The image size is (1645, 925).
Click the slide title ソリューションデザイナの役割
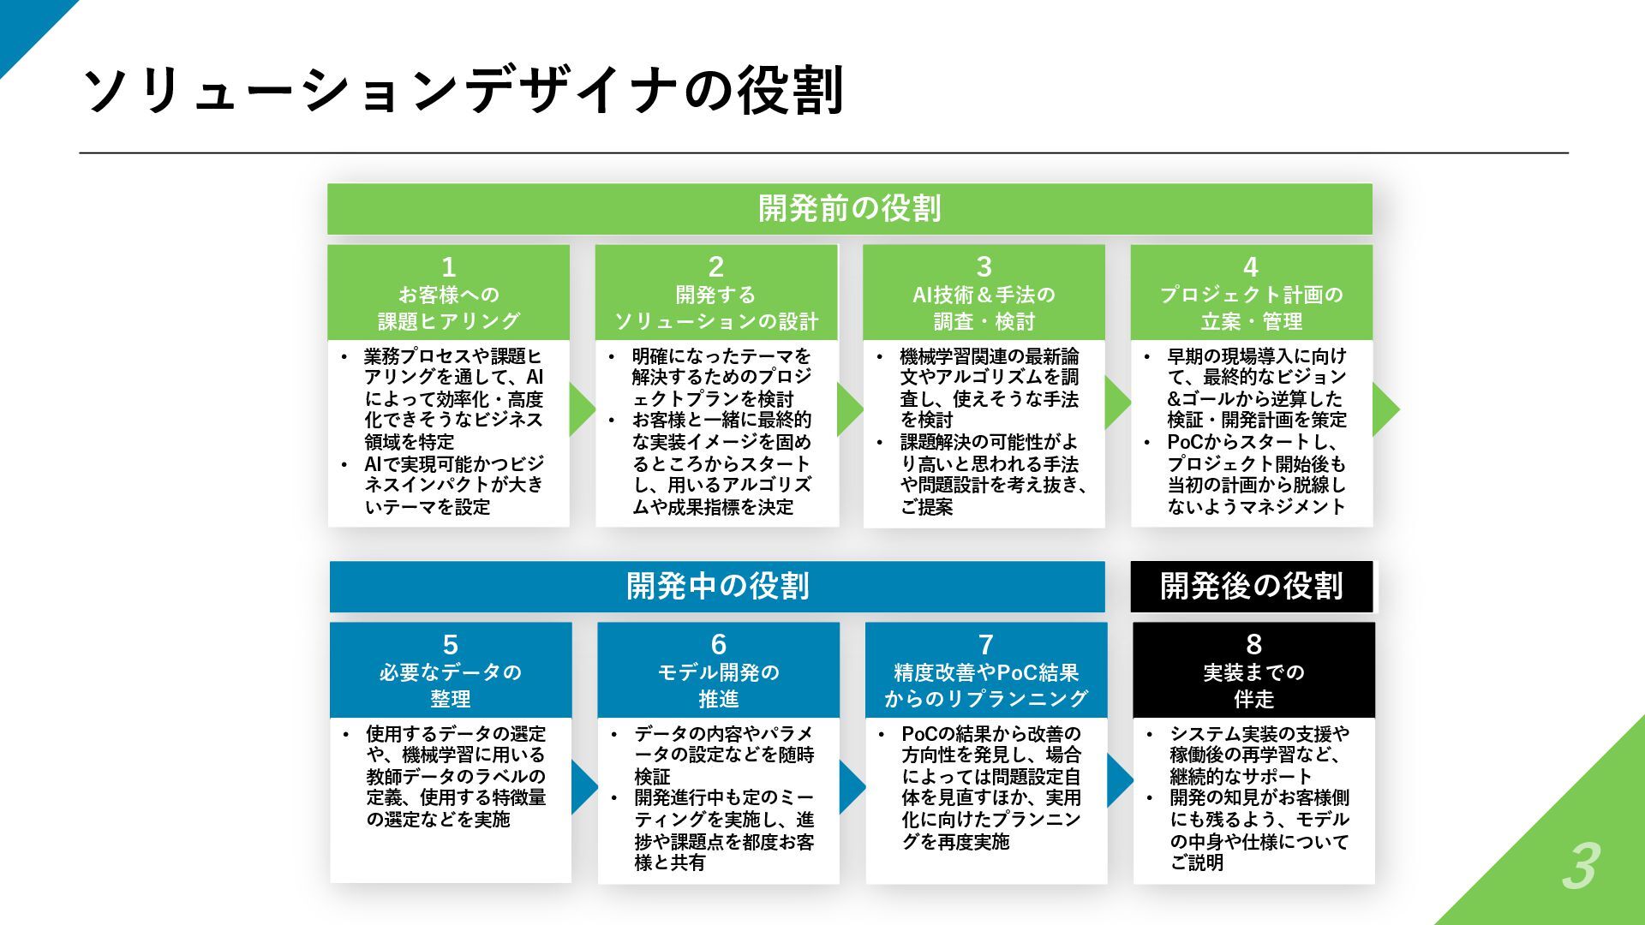tap(463, 90)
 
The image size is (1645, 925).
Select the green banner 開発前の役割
tap(849, 208)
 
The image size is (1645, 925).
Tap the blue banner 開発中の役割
tap(717, 587)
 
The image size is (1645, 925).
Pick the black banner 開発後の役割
tap(1251, 587)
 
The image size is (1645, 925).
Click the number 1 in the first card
tap(448, 267)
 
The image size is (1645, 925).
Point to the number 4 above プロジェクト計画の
tap(1251, 267)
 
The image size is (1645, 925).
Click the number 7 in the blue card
tap(985, 645)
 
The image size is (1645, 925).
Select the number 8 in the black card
tap(1253, 645)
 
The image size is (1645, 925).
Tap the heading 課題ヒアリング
tap(449, 321)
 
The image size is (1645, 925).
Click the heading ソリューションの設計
tap(716, 321)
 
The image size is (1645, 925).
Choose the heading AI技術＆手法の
tap(984, 295)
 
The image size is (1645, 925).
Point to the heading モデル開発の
tap(718, 673)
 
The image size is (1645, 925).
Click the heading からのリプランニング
tap(985, 699)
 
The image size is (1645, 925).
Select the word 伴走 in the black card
tap(1253, 699)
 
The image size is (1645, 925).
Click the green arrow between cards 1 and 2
tap(582, 409)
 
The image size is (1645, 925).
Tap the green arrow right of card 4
tap(1385, 409)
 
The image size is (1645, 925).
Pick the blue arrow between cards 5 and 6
tap(583, 787)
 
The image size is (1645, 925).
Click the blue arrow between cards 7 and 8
tap(1119, 780)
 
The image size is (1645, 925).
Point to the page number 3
tap(1580, 867)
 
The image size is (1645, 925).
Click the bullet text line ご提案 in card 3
tap(926, 507)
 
